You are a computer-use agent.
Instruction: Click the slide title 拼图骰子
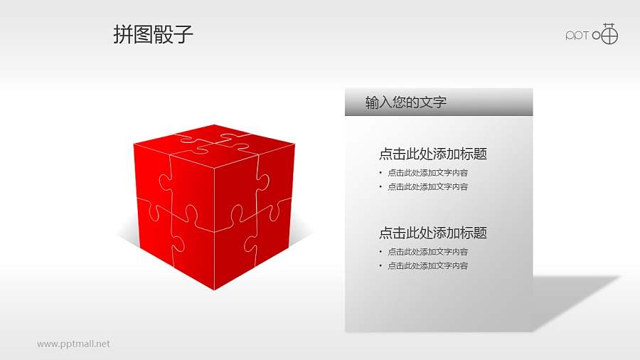tap(153, 34)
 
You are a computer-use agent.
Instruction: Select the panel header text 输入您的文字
tap(405, 102)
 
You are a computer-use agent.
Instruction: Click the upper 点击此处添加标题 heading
tap(432, 154)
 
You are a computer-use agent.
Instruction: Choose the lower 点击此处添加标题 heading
tap(432, 233)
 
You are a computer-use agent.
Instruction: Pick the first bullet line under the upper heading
tap(427, 173)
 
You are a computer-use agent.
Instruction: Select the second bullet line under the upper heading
tap(427, 187)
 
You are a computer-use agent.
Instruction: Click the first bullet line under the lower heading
tap(427, 252)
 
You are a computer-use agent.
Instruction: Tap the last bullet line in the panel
tap(427, 266)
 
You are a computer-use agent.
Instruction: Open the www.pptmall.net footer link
tap(74, 344)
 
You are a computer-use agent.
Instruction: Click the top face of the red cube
tap(213, 139)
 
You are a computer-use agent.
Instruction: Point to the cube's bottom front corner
tap(214, 290)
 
